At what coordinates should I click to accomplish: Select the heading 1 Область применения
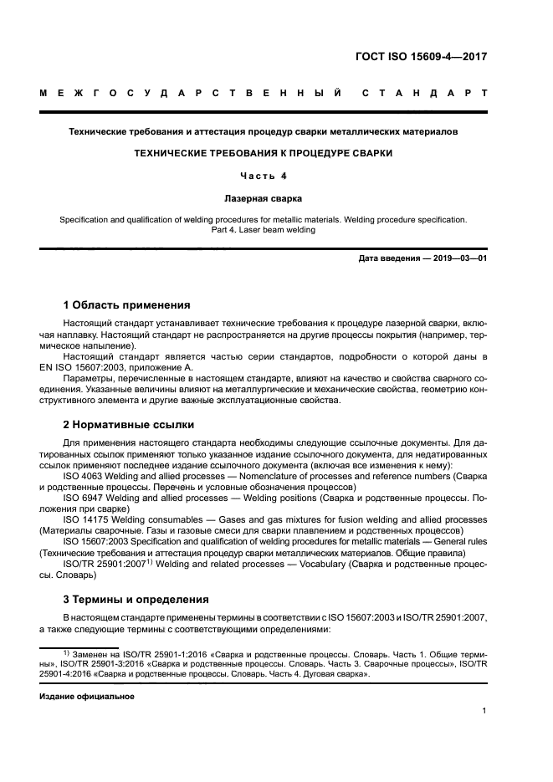(127, 304)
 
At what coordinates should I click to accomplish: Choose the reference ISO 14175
(86, 519)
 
